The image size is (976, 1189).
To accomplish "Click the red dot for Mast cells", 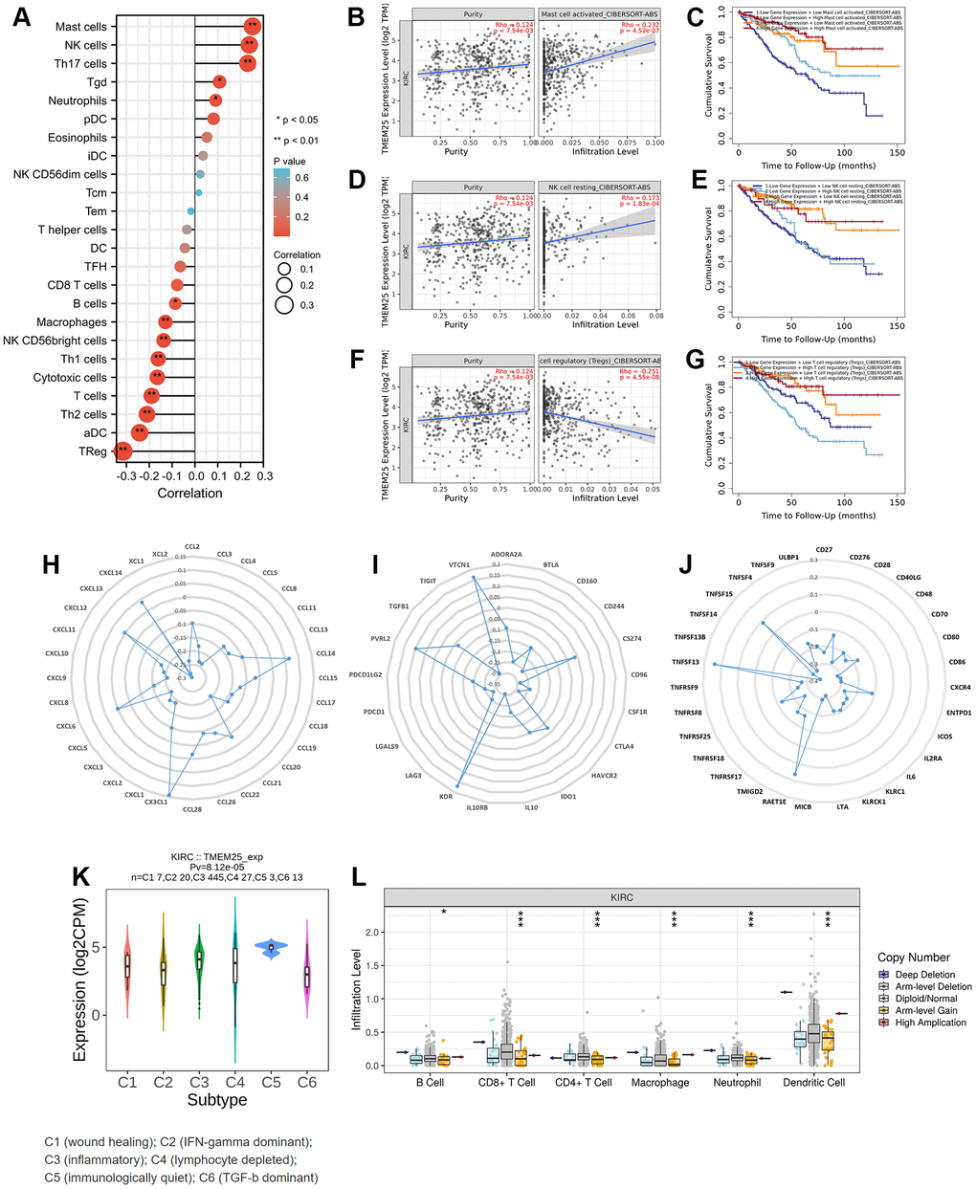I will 251,27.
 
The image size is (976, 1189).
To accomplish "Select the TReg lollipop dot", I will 122,451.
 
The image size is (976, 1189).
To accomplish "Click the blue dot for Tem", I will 191,211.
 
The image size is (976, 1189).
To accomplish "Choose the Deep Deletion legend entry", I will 925,975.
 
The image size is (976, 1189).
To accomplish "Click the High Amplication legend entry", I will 930,1023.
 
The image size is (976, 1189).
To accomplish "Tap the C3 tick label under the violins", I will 198,1083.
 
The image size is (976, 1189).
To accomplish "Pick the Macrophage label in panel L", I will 660,1083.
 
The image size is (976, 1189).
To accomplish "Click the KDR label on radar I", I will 446,796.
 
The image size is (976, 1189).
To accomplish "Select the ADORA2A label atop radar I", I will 506,554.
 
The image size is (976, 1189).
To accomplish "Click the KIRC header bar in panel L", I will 623,897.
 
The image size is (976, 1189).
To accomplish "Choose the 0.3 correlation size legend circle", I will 284,305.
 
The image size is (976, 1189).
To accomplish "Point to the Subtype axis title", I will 217,1101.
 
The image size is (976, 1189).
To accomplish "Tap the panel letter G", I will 696,361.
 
